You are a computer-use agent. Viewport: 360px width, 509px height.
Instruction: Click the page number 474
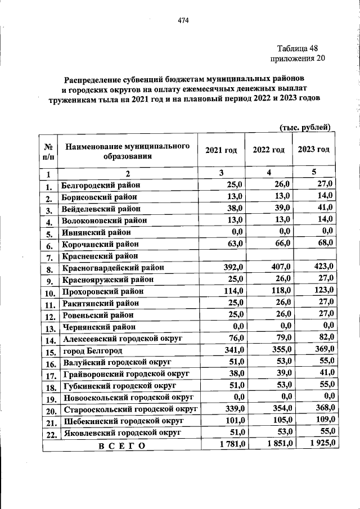pyautogui.click(x=183, y=21)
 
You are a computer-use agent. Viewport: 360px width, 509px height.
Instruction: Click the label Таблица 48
pyautogui.click(x=298, y=48)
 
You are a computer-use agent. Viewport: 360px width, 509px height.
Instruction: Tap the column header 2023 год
pyautogui.click(x=313, y=149)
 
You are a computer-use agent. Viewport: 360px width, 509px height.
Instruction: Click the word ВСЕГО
pyautogui.click(x=121, y=446)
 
